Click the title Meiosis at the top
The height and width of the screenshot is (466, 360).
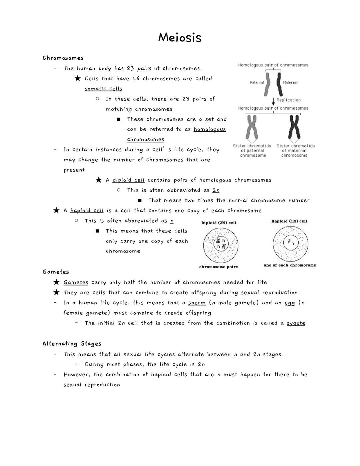(x=180, y=37)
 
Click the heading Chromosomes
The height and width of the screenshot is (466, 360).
(x=63, y=58)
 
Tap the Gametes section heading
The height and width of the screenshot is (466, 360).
(x=56, y=272)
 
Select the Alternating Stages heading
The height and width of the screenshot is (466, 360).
(x=72, y=344)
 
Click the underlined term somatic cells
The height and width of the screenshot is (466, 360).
(x=103, y=89)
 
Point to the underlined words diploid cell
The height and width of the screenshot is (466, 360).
(x=128, y=180)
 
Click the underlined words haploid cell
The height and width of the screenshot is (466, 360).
(x=87, y=210)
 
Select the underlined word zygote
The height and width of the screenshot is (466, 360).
(x=296, y=323)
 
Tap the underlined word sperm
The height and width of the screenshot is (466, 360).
(x=197, y=303)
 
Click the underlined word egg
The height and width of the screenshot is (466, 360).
(x=290, y=303)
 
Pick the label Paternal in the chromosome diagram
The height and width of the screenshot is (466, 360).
(x=257, y=82)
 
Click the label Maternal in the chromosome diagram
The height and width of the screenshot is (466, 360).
(x=290, y=82)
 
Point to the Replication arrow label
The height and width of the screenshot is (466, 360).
(x=288, y=100)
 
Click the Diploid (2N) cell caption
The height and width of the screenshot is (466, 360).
(x=219, y=223)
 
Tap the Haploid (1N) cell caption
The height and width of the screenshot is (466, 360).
(x=289, y=221)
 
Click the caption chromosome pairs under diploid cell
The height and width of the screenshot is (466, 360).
(x=218, y=267)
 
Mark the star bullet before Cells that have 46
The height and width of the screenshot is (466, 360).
(x=77, y=78)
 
